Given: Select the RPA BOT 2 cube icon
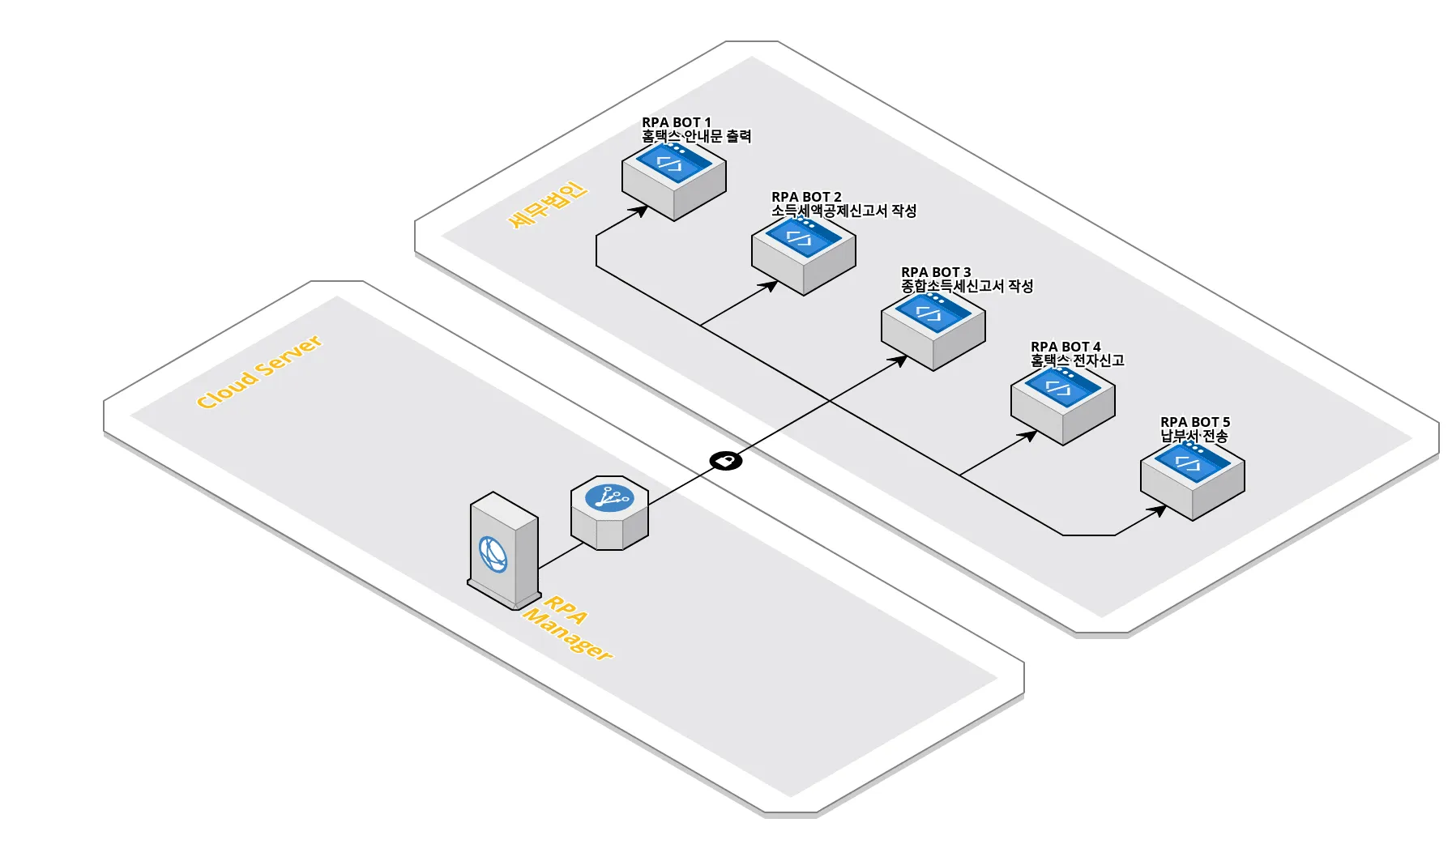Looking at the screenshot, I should click(x=803, y=254).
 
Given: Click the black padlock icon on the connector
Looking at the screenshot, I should click(x=726, y=461).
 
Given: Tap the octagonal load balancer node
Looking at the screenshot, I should click(x=609, y=513).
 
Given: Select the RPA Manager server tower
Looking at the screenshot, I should click(x=504, y=551).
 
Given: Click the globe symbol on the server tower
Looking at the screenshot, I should click(x=493, y=555).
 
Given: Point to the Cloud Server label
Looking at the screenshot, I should click(x=259, y=372).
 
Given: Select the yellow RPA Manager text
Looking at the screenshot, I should click(x=567, y=629).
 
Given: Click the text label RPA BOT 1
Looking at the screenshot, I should click(x=677, y=122).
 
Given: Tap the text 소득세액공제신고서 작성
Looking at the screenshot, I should click(x=843, y=211).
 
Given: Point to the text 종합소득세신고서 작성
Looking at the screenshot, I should click(x=967, y=287).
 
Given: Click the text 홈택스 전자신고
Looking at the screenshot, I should click(x=1077, y=361).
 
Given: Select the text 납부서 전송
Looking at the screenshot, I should click(x=1194, y=437).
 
